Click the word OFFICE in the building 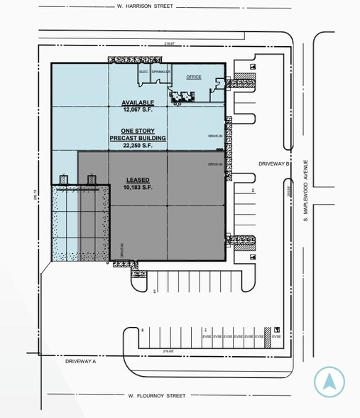coord(194,77)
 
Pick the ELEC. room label coord(143,73)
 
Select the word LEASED coord(137,180)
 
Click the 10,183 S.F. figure coord(137,188)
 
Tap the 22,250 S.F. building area coord(137,145)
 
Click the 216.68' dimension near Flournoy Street coord(168,351)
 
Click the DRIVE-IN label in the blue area coord(214,134)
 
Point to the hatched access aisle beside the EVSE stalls coord(268,336)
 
